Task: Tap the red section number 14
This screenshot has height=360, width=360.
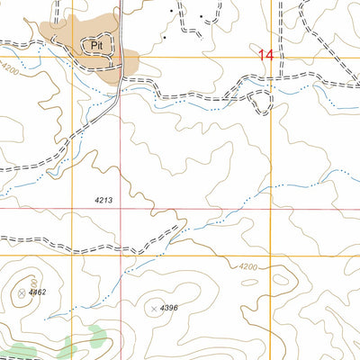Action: click(x=265, y=55)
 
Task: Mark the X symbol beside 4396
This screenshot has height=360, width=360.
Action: click(x=154, y=310)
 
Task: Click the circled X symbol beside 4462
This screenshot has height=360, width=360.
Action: click(x=21, y=292)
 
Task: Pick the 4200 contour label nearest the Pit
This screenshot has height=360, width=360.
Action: click(x=9, y=68)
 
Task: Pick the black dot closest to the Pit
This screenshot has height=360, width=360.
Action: click(x=166, y=38)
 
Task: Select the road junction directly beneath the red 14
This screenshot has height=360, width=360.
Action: click(x=270, y=83)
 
